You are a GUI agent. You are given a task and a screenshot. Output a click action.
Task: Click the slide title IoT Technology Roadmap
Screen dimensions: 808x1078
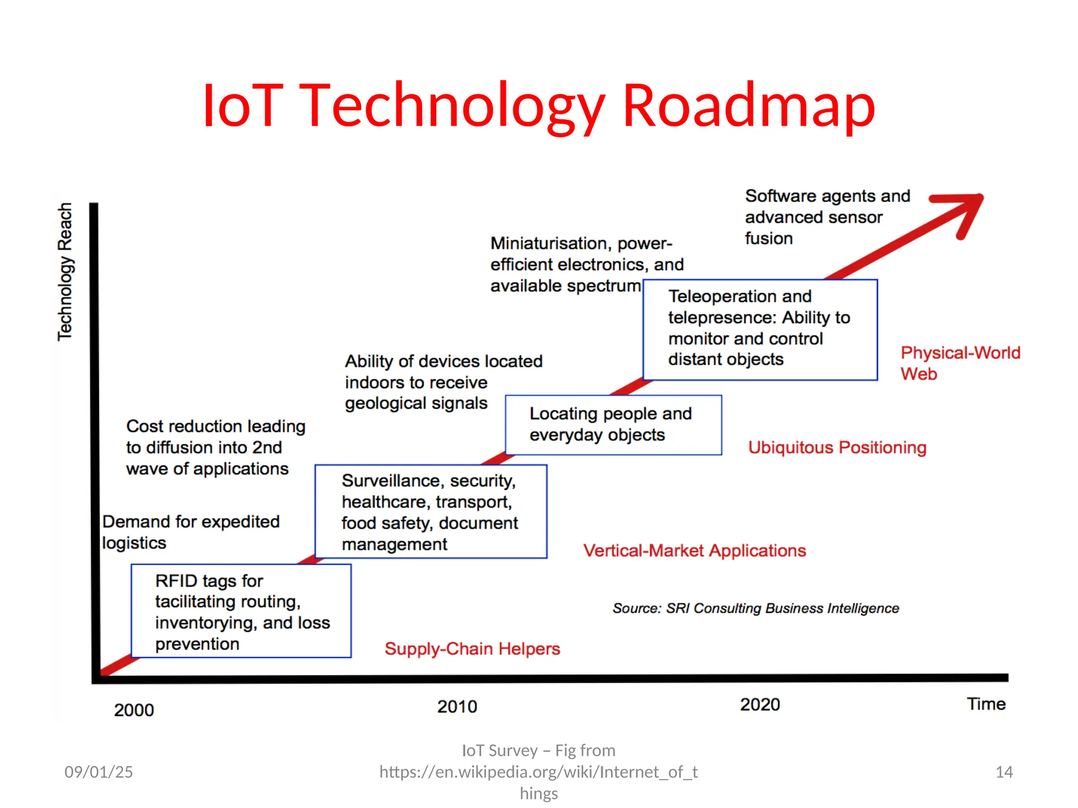point(538,105)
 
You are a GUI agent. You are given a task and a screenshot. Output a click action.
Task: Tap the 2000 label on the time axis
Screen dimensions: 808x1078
point(134,710)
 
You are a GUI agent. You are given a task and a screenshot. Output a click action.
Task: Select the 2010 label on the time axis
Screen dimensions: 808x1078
point(457,706)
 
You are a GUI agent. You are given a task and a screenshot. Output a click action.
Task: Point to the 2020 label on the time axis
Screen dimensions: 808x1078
point(760,704)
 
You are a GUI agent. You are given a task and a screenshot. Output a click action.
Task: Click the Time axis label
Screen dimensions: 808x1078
point(986,703)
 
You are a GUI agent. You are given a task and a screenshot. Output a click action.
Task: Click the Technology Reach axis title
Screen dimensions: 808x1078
point(65,271)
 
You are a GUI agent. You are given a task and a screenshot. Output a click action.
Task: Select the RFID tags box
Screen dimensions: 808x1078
point(241,611)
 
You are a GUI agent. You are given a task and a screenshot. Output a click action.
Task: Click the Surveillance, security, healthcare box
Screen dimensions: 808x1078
point(431,512)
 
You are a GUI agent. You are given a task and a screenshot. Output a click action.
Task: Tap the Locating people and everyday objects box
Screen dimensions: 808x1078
point(613,425)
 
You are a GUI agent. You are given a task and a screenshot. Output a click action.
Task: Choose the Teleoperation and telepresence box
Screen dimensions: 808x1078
point(760,329)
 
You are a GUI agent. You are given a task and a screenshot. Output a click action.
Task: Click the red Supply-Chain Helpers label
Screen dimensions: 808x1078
point(472,649)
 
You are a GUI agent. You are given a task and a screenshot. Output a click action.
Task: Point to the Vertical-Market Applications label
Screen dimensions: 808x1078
point(694,550)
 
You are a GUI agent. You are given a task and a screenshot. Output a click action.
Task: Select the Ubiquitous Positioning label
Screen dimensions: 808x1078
point(837,447)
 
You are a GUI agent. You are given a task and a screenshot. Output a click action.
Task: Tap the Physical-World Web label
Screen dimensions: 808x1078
point(960,363)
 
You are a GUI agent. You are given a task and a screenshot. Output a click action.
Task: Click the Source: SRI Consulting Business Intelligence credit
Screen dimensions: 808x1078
point(755,608)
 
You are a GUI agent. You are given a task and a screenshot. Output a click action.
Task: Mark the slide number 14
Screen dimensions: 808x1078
point(1004,772)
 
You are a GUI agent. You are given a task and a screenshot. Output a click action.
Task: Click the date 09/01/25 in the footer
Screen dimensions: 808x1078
point(98,772)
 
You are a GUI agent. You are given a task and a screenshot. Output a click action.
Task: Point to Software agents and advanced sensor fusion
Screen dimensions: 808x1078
point(827,217)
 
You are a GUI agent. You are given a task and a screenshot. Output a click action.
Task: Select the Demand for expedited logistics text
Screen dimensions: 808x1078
point(191,532)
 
